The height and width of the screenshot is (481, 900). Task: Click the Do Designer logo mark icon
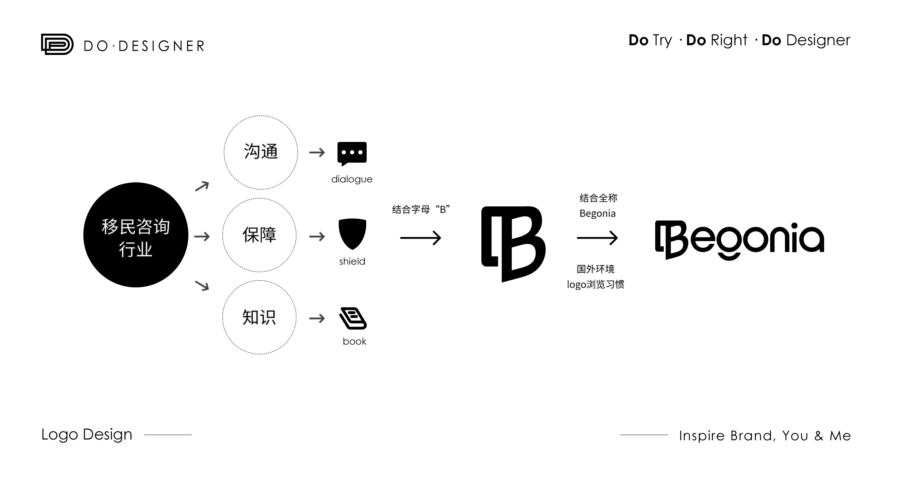[x=57, y=44]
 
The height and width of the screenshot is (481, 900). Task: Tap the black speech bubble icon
[x=352, y=154]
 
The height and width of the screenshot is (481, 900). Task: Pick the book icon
[x=353, y=318]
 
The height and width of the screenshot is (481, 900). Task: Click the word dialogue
[x=352, y=179]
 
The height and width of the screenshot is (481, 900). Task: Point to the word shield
[x=352, y=261]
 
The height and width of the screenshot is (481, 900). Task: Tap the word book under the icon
[x=354, y=341]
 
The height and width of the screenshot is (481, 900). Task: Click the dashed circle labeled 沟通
[x=261, y=116]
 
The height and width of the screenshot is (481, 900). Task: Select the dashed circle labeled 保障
[x=259, y=198]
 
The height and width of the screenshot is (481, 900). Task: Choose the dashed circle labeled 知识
[x=259, y=281]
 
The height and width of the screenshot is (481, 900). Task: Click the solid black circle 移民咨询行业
[x=136, y=235]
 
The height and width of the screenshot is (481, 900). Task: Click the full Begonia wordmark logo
[x=739, y=240]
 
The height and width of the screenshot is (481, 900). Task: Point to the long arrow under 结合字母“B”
[x=420, y=238]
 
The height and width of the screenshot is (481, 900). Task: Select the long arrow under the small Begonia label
[x=597, y=238]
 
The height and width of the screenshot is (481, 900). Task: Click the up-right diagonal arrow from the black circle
[x=202, y=186]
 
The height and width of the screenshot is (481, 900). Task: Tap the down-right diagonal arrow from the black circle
[x=202, y=286]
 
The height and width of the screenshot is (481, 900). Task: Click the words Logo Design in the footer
[x=87, y=435]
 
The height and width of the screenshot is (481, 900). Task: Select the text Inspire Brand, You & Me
[x=765, y=436]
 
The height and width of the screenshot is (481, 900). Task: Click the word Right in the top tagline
[x=729, y=40]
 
